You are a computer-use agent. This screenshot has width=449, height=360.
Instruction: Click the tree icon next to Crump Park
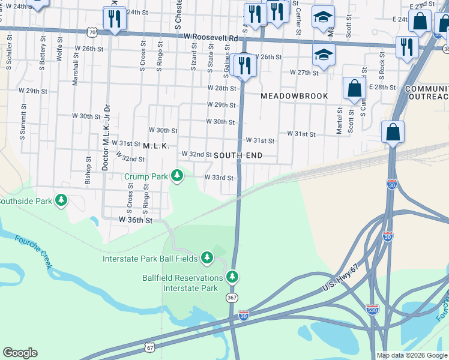(x=176, y=176)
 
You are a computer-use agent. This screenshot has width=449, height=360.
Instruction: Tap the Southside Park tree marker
(x=61, y=200)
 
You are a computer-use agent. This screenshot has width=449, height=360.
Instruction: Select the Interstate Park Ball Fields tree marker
(x=207, y=258)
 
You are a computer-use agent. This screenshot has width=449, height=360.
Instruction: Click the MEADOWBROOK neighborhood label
(x=294, y=96)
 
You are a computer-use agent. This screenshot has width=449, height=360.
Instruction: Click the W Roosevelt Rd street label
(x=211, y=37)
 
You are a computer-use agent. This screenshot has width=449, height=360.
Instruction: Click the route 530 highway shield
(x=372, y=309)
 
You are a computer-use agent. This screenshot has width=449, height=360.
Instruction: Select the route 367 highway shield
(x=232, y=298)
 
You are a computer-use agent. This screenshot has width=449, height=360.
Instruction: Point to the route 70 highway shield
(x=91, y=31)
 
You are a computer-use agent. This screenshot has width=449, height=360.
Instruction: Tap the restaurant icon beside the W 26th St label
(x=244, y=65)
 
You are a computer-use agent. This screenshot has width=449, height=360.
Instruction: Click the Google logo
(x=20, y=353)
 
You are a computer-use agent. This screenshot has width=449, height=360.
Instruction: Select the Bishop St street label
(x=88, y=170)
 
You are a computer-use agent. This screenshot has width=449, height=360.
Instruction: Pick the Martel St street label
(x=339, y=121)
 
